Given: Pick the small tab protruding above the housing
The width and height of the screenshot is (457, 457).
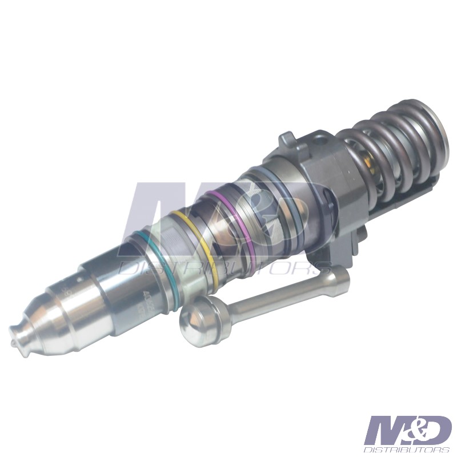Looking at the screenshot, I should click(287, 141).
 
